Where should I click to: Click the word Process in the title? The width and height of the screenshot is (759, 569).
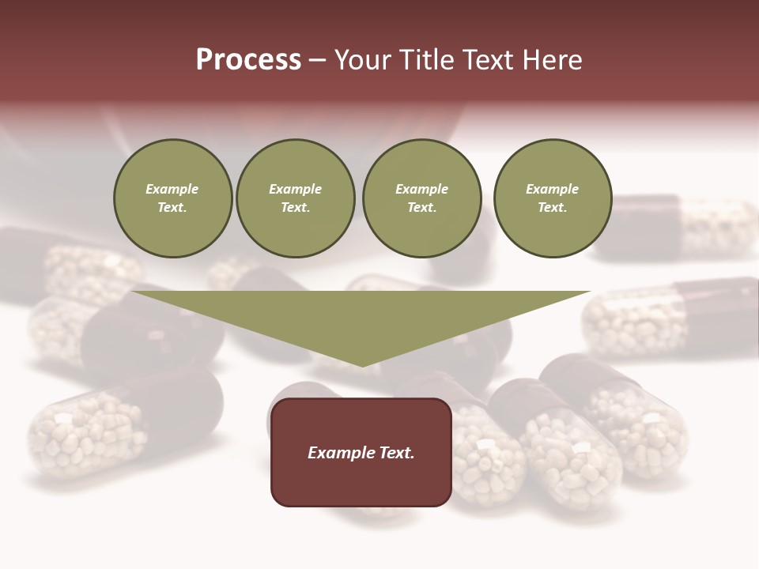coord(248,60)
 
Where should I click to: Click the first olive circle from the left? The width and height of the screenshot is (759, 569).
coord(173,198)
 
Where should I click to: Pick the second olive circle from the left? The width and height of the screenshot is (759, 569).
coord(296,198)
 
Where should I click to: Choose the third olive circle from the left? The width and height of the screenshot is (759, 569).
coord(422,198)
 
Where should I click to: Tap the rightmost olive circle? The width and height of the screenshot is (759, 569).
coord(553,198)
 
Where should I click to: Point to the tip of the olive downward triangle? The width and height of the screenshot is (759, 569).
coord(362,366)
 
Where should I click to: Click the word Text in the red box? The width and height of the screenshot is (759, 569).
coord(396,453)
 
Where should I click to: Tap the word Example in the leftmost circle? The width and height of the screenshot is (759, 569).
coord(172,189)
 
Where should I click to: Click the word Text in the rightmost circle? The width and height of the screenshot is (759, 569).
coord(552,208)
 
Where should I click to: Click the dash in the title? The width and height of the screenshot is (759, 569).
coord(317,61)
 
